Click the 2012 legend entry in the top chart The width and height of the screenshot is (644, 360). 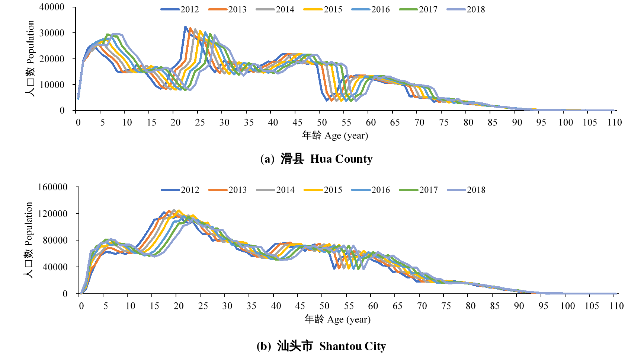180,9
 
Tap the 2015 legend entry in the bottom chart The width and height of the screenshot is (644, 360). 323,190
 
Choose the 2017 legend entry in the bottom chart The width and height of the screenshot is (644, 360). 419,190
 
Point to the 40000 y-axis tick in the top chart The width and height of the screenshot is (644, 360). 52,7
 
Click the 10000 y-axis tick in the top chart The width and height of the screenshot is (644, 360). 52,85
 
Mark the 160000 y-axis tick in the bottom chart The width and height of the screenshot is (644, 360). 52,187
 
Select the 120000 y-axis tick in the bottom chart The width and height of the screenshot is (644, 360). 52,214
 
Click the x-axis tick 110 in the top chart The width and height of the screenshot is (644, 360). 615,122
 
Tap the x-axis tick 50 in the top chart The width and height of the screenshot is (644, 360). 322,122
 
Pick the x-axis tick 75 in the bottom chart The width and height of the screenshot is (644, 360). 446,306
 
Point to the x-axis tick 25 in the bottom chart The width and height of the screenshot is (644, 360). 203,306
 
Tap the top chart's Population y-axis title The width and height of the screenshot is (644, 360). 30,58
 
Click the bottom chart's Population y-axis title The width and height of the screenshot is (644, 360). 29,240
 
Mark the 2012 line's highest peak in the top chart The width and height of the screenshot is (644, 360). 185,27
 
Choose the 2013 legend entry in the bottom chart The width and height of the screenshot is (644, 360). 228,190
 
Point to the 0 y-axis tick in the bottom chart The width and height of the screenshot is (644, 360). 65,294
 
